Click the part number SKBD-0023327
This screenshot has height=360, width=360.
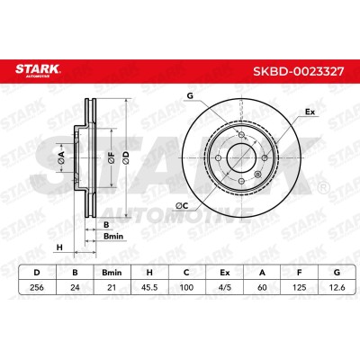click(299, 71)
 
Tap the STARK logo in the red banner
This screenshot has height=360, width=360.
click(38, 70)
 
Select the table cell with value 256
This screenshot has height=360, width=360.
click(37, 287)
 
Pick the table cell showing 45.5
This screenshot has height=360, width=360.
click(149, 287)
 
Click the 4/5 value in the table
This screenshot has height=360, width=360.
click(224, 287)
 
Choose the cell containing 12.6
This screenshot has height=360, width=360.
click(337, 287)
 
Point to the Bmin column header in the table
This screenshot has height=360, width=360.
click(112, 273)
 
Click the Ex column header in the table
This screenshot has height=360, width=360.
click(224, 273)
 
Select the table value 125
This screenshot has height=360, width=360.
click(299, 287)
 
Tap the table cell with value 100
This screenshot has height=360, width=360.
click(186, 287)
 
